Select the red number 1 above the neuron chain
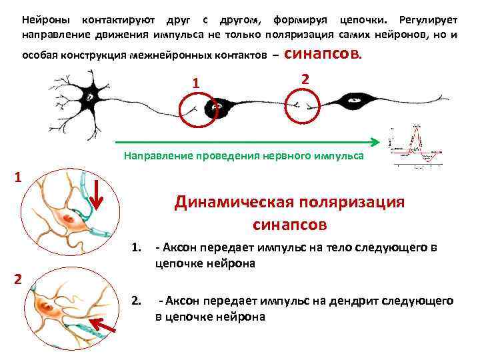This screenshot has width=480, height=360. (195, 83)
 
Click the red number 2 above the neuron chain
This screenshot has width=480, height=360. (305, 79)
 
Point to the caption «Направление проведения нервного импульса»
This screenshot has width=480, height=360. (243, 155)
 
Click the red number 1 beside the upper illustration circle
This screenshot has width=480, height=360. (18, 178)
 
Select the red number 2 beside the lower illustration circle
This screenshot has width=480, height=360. (18, 279)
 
